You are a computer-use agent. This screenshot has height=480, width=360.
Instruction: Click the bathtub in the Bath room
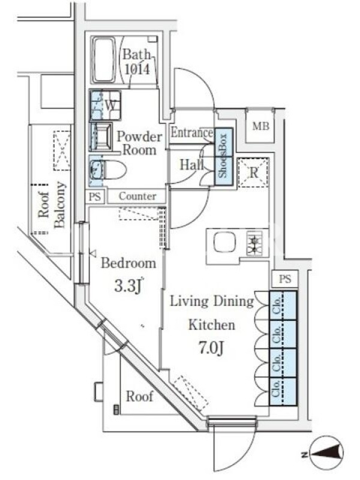(103, 60)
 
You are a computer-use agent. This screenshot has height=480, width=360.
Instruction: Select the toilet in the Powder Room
(108, 170)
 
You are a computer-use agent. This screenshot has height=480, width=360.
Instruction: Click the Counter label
(137, 196)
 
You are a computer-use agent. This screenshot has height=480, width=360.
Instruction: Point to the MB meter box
(261, 126)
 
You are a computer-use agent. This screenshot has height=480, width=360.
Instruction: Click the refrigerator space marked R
(253, 173)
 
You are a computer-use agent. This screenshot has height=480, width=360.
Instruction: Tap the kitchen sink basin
(224, 242)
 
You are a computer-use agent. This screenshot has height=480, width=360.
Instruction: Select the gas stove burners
(254, 243)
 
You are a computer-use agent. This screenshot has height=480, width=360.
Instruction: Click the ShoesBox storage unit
(224, 157)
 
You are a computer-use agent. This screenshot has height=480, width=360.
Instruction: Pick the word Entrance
(191, 133)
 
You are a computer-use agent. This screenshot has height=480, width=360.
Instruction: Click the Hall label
(191, 165)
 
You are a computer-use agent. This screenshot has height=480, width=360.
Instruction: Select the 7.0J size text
(212, 348)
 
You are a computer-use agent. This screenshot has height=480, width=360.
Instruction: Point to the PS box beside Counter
(95, 197)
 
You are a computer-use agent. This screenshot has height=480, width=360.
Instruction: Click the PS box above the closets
(284, 279)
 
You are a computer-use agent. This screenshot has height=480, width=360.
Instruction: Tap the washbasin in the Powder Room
(101, 137)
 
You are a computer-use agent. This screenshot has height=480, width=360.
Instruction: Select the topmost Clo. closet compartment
(283, 305)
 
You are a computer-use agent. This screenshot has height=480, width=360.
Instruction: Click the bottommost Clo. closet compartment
(283, 392)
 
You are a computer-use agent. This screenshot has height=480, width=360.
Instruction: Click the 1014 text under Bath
(137, 70)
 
